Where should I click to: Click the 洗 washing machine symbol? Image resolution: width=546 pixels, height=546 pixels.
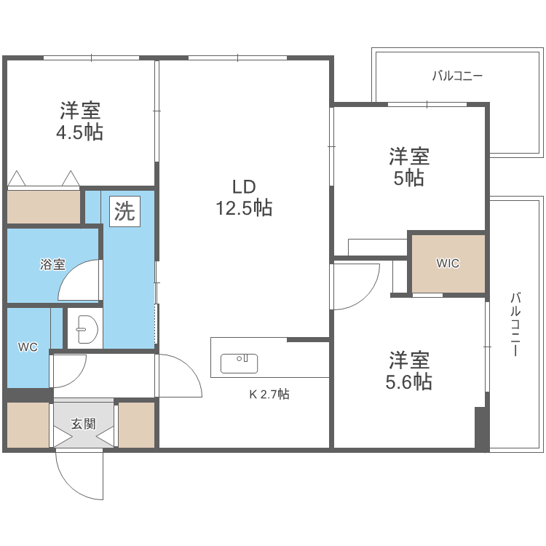coord(124,211)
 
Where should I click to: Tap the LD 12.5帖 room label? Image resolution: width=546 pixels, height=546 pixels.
coord(243,198)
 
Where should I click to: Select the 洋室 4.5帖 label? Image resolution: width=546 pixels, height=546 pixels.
coord(80,122)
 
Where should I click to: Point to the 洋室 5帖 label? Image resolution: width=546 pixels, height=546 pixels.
coord(408,167)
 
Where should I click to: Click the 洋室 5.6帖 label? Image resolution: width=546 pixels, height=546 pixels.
coord(408,371)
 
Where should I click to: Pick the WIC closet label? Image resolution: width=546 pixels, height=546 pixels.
coord(448,264)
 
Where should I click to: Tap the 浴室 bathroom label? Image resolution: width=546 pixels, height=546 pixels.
coord(52,265)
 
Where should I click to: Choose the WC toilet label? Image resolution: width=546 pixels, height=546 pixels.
coord(28,347)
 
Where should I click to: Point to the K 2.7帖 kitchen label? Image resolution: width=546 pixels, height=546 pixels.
coord(269,395)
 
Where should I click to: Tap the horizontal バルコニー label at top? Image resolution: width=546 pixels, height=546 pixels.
coord(457,75)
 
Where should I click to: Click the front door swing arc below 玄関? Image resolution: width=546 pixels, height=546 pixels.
coord(82,477)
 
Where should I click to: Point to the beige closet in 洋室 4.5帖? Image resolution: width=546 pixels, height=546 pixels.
coord(44,207)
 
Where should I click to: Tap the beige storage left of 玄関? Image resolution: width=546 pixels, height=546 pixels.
coord(28,424)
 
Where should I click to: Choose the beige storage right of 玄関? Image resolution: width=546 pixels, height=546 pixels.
coord(136,424)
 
